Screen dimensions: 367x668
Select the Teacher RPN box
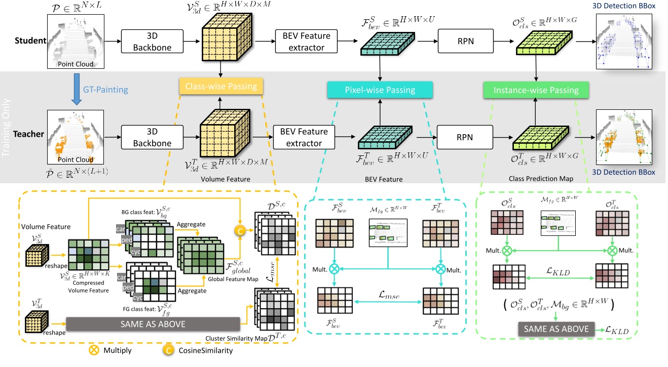coord(465,137)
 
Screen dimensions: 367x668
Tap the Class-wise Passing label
coord(221,87)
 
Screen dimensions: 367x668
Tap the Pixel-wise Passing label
coord(380,90)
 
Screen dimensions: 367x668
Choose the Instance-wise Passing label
coord(536,90)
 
